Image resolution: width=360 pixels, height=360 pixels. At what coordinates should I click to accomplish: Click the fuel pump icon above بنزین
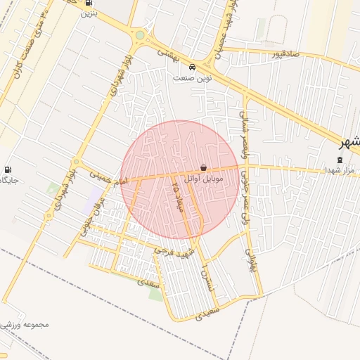click(89, 3)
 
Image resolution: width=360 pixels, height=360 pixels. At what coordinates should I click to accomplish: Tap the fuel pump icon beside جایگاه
click(8, 169)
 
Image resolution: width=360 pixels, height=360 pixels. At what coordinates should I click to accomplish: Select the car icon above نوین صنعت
click(193, 68)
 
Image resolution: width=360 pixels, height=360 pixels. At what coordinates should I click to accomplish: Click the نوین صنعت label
click(193, 78)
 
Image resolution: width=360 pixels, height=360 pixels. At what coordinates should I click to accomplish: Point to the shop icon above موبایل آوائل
click(203, 169)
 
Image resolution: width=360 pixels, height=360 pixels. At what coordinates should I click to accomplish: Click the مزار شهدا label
click(342, 170)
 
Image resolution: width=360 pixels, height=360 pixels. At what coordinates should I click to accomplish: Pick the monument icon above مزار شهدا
click(341, 160)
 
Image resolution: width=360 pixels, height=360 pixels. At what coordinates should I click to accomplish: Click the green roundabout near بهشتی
click(140, 34)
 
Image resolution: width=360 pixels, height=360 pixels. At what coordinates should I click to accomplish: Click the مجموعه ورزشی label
click(25, 325)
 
